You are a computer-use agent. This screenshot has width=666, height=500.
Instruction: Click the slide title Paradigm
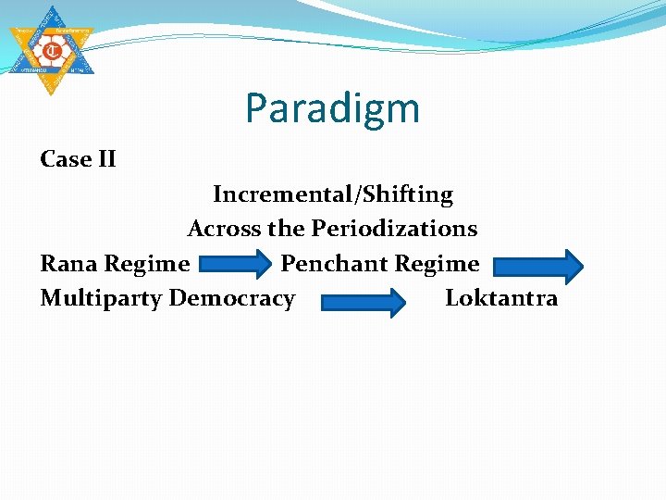[332, 109]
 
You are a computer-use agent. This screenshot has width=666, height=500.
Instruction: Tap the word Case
[64, 159]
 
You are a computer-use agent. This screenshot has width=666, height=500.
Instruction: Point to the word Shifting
[408, 195]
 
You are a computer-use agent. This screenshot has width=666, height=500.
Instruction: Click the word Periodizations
[394, 229]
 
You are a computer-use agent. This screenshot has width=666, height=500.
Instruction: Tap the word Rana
[69, 264]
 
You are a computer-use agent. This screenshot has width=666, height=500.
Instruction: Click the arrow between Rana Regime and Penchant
[235, 265]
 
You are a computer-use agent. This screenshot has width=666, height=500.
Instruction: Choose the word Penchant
[334, 264]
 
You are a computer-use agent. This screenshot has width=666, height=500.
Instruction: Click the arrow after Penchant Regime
[537, 266]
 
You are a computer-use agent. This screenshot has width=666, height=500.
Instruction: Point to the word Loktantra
[501, 298]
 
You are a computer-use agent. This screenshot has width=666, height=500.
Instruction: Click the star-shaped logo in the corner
[52, 47]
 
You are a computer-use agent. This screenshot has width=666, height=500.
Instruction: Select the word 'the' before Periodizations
[286, 229]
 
